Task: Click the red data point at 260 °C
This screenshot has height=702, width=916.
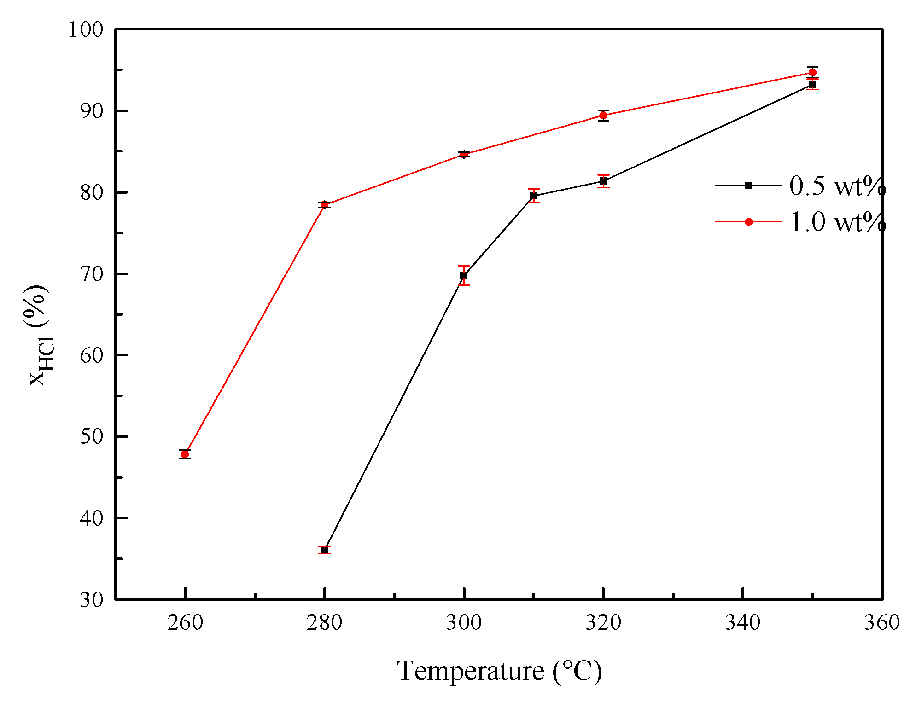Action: (185, 454)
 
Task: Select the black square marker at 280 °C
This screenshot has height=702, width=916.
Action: (325, 550)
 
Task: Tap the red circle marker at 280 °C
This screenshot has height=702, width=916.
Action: (325, 205)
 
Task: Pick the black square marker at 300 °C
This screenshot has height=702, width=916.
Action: (464, 276)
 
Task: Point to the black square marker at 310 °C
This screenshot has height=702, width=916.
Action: (534, 196)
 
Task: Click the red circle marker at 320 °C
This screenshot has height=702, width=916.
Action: (603, 115)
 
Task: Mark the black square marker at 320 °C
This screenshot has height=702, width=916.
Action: (603, 181)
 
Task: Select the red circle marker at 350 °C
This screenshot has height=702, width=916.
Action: (812, 72)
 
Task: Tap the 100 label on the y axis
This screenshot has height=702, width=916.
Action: (86, 30)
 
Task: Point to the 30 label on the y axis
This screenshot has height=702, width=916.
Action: (92, 600)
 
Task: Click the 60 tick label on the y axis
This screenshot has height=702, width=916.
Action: (92, 355)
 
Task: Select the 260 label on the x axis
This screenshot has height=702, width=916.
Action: (185, 623)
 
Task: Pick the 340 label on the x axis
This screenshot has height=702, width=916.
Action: (743, 623)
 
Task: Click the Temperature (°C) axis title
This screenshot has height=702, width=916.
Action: (499, 671)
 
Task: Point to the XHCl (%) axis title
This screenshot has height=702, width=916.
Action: (39, 335)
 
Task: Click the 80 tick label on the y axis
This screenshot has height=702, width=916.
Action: (92, 192)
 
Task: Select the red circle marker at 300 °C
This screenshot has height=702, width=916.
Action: (464, 154)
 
